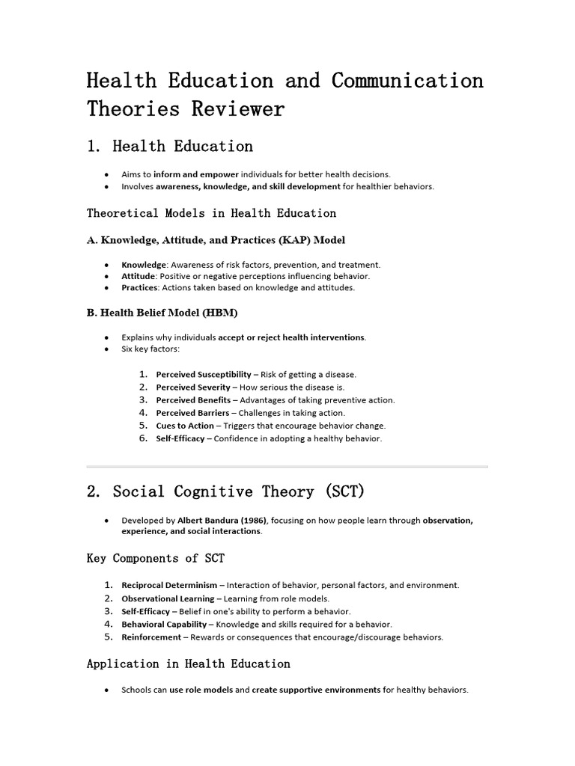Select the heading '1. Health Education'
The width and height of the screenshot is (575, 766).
[170, 146]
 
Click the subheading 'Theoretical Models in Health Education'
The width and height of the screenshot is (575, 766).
[212, 213]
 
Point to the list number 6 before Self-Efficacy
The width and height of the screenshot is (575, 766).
[143, 438]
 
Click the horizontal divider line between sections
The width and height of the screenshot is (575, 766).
[287, 467]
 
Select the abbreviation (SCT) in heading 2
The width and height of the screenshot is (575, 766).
[334, 491]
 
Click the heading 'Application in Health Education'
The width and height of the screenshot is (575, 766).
[189, 664]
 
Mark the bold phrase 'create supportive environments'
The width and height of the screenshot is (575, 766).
[316, 690]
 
